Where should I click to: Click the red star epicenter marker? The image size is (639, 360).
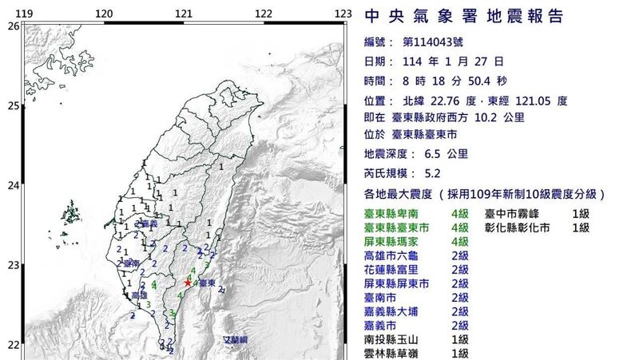(x=188, y=283)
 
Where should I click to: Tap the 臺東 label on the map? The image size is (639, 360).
(x=206, y=283)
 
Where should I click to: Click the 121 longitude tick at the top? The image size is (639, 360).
(x=184, y=14)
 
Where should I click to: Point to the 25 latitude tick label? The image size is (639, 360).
(x=13, y=105)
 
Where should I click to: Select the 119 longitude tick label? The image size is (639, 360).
(x=24, y=14)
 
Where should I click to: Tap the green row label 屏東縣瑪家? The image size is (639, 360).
(x=396, y=241)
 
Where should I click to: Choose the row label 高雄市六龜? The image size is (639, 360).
(x=396, y=255)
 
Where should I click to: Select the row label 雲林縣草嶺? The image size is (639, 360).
(x=396, y=352)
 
